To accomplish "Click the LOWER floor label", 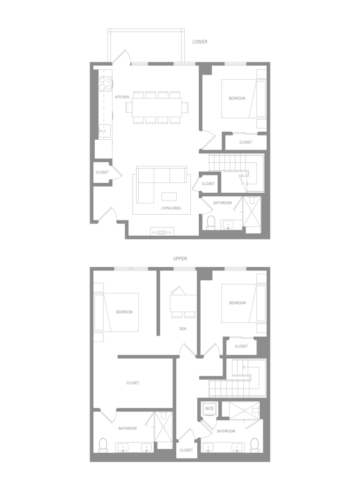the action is (200, 42).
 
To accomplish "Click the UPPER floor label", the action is (180, 259).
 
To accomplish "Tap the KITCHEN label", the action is (122, 97).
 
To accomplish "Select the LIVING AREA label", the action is (171, 208).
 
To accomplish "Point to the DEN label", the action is (183, 329).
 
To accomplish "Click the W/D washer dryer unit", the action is (209, 408).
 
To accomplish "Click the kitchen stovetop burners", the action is (105, 83).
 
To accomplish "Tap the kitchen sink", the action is (105, 131).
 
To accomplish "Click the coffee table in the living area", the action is (169, 196).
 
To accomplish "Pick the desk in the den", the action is (183, 303).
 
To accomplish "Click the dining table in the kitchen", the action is (157, 107).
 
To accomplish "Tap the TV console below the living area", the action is (162, 232).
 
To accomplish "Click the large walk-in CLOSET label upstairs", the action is (133, 383).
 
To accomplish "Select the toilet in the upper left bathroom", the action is (103, 445).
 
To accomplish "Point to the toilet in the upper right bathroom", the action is (255, 445).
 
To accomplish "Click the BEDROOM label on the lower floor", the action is (237, 98).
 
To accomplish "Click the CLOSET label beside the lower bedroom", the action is (246, 142).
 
